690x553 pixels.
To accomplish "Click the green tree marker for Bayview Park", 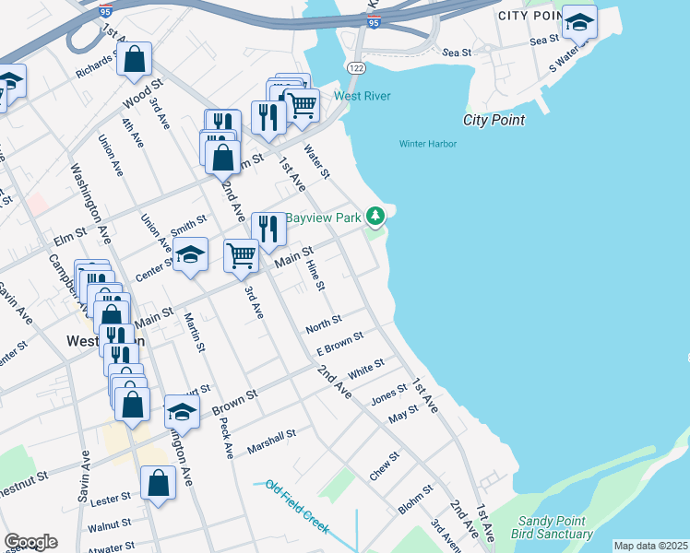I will [x=375, y=217].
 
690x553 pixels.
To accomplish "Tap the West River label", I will [x=362, y=97].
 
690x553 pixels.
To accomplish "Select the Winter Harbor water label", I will [x=427, y=144].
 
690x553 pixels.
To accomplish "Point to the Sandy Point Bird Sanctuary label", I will [x=554, y=527].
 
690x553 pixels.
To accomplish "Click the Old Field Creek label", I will [x=296, y=507].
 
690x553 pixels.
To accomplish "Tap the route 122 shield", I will [x=355, y=69].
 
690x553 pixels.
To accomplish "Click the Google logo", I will [x=30, y=542].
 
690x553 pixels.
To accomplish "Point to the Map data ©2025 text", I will [x=650, y=546].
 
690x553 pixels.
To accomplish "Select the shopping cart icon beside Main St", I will [x=241, y=254].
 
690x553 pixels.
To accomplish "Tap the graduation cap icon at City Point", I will [x=579, y=21].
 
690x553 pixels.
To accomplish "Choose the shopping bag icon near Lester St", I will [x=159, y=482].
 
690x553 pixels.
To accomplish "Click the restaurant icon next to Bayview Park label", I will [x=268, y=228].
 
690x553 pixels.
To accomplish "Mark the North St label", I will [x=324, y=324].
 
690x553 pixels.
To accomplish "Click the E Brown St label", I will [x=340, y=346].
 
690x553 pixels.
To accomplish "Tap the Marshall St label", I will [x=271, y=441].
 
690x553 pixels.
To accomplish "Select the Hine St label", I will [x=315, y=275].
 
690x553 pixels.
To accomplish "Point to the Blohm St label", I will [x=415, y=500].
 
